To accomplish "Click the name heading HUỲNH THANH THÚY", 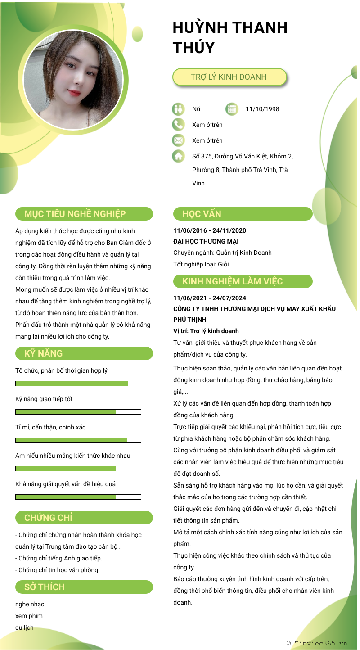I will [230, 37].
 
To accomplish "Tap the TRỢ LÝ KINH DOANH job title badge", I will [229, 77].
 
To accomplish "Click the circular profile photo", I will [73, 80].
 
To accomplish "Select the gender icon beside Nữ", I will [178, 109].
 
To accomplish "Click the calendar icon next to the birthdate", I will [232, 109].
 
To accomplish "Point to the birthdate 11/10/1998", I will [262, 109].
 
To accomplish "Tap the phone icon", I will [178, 125].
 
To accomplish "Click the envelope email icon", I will [178, 140].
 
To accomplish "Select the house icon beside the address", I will [178, 156].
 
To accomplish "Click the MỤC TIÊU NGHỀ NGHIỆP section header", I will [84, 214].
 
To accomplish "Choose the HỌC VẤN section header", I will [243, 214].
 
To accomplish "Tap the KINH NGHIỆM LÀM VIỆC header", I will [243, 281].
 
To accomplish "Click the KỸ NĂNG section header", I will [84, 353].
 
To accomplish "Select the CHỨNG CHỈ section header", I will [84, 518].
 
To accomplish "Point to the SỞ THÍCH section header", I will [84, 587].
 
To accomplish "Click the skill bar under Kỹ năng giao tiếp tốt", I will [78, 412].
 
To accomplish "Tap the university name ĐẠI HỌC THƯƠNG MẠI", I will [206, 242].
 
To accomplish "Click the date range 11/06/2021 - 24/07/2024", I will [210, 298].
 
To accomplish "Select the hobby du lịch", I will [24, 627].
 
